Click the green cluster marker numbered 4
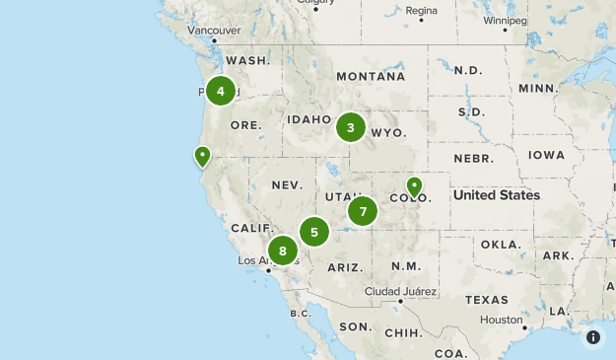221,92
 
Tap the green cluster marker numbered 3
350,127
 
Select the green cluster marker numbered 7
363,211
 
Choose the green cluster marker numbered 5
314,232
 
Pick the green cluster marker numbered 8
283,251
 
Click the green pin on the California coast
202,156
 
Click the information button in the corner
593,337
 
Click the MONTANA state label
370,76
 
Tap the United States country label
496,195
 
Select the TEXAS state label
487,300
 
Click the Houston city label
502,321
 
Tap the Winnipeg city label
505,20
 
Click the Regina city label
421,11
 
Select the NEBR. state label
473,158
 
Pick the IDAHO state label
309,119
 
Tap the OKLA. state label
500,244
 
